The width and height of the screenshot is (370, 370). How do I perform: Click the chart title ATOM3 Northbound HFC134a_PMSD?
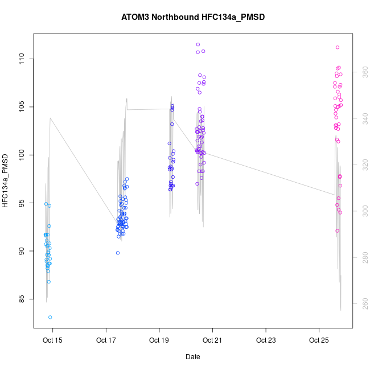pos(193,17)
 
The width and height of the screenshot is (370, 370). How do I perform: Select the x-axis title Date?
pos(192,357)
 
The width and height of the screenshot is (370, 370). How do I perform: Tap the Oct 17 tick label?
pos(106,340)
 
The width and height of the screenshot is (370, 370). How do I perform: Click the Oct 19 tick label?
pos(159,340)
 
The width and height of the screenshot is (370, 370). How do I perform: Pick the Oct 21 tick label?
pos(212,340)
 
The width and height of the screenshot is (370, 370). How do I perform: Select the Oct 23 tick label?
pos(266,340)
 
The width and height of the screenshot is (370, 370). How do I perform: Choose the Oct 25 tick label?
pos(319,340)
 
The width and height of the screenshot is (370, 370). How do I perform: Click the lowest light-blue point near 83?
pos(50,317)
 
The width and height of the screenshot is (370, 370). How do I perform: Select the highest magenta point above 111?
pos(338,47)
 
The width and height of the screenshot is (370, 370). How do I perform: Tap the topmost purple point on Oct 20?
pos(198,44)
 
